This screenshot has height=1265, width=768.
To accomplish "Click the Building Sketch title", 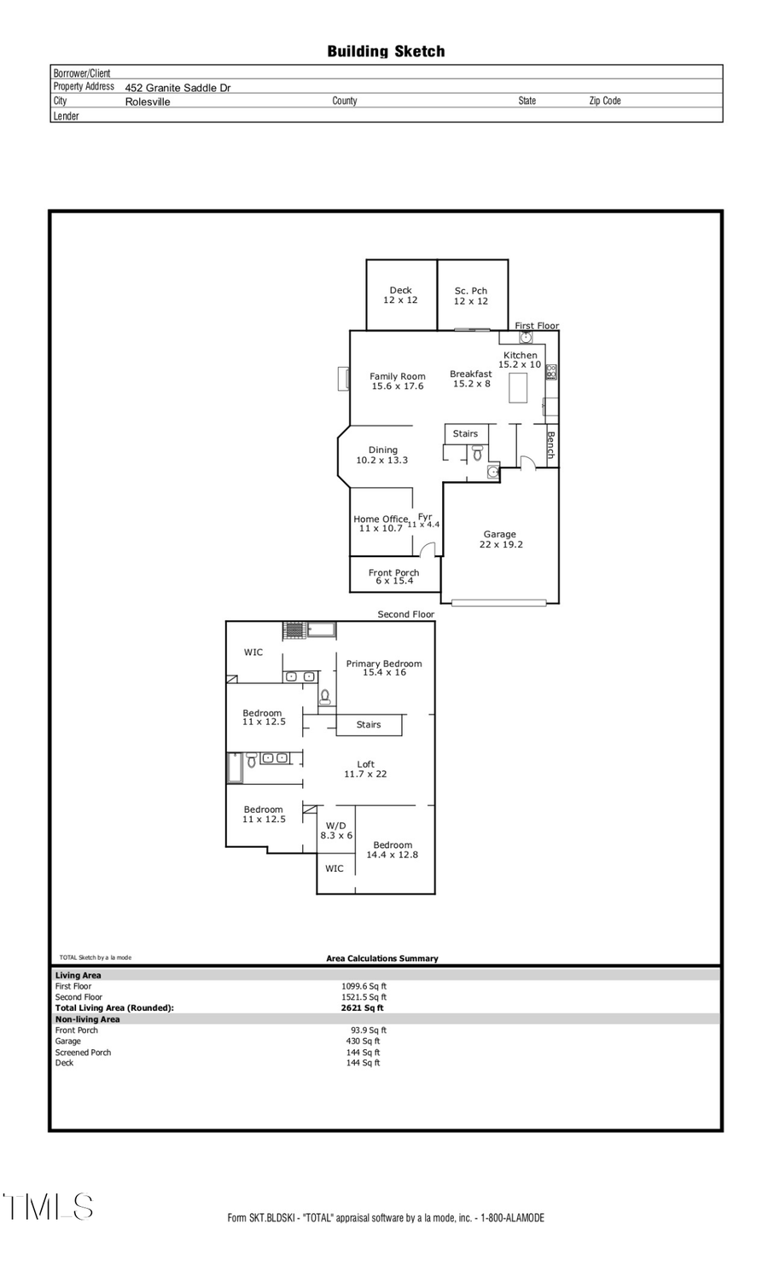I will coord(386,51).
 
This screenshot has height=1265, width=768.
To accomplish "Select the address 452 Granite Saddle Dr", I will coord(177,88).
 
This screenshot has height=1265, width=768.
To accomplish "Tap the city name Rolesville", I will coord(148,102).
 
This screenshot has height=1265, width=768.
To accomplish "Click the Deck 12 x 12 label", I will coord(400,295).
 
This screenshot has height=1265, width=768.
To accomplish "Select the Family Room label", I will coord(398,381).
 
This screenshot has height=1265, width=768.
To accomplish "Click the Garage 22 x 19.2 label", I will coord(500,539).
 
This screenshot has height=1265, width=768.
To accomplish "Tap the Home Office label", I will coord(381,524).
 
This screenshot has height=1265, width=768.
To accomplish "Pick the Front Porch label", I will coord(393,577).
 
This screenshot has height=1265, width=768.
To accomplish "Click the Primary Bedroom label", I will coord(384,668).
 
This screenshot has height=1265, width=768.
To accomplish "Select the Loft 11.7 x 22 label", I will coord(365,769).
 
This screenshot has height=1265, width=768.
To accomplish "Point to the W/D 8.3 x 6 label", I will coord(336,831).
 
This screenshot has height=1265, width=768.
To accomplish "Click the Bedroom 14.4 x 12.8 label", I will coord(393,850).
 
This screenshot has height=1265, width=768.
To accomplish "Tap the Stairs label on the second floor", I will coord(369,725).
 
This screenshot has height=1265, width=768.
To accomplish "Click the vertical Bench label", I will coord(550,445).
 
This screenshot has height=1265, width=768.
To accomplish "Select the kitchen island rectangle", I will coord(518,388).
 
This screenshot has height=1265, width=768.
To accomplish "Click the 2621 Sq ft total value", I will coord(363,1008).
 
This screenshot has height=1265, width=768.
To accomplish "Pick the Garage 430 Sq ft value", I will coord(363,1042).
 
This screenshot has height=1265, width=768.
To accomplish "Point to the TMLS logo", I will coord(48,1207).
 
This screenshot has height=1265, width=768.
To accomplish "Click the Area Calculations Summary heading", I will coord(381,959).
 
